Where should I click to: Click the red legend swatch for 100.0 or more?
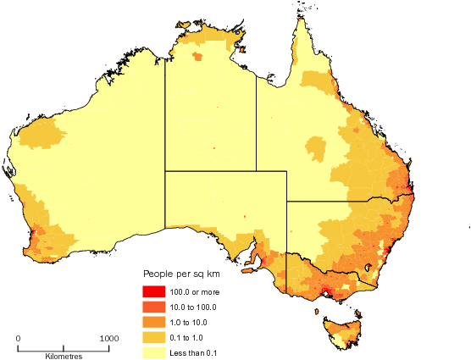(x=154, y=292)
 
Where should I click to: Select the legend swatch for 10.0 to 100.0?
(x=154, y=307)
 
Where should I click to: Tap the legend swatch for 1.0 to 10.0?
(x=154, y=322)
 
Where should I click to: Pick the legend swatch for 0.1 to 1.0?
(x=154, y=337)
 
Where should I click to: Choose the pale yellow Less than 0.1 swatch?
(x=154, y=352)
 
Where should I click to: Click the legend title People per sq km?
(x=180, y=276)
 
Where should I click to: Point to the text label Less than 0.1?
(x=194, y=352)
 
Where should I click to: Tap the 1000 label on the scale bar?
(x=108, y=338)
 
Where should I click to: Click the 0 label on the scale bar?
(x=19, y=338)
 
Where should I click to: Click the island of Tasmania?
(x=340, y=330)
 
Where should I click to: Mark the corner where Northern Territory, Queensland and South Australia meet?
(x=256, y=171)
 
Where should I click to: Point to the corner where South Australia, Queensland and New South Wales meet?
(x=287, y=202)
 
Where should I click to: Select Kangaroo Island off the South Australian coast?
(x=248, y=272)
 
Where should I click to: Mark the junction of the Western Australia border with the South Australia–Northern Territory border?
(x=165, y=171)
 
